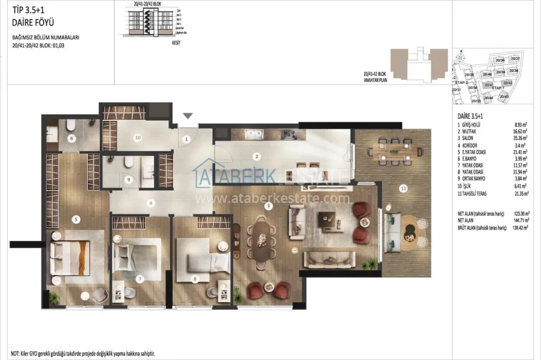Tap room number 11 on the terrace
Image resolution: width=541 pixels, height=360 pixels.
(x=403, y=188)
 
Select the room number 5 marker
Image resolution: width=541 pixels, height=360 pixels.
(x=76, y=219)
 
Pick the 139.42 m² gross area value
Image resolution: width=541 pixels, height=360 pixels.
(x=518, y=227)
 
